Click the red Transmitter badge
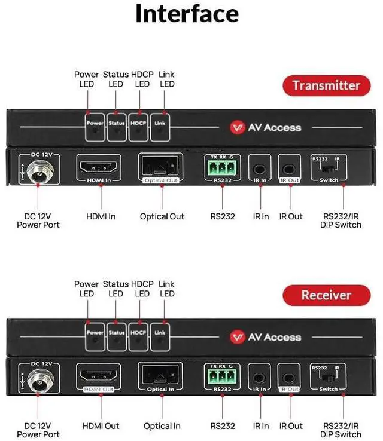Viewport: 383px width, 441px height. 326,85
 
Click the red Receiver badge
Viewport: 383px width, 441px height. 326,295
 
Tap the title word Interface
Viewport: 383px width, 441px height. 187,13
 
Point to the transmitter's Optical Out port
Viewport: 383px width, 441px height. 161,166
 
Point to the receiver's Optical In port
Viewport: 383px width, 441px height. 161,375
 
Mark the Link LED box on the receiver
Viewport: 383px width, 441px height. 160,333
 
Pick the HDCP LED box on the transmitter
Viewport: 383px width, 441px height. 138,124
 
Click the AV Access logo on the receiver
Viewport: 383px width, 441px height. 266,337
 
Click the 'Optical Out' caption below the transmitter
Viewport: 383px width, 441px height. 162,216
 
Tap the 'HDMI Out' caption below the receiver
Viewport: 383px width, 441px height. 100,426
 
